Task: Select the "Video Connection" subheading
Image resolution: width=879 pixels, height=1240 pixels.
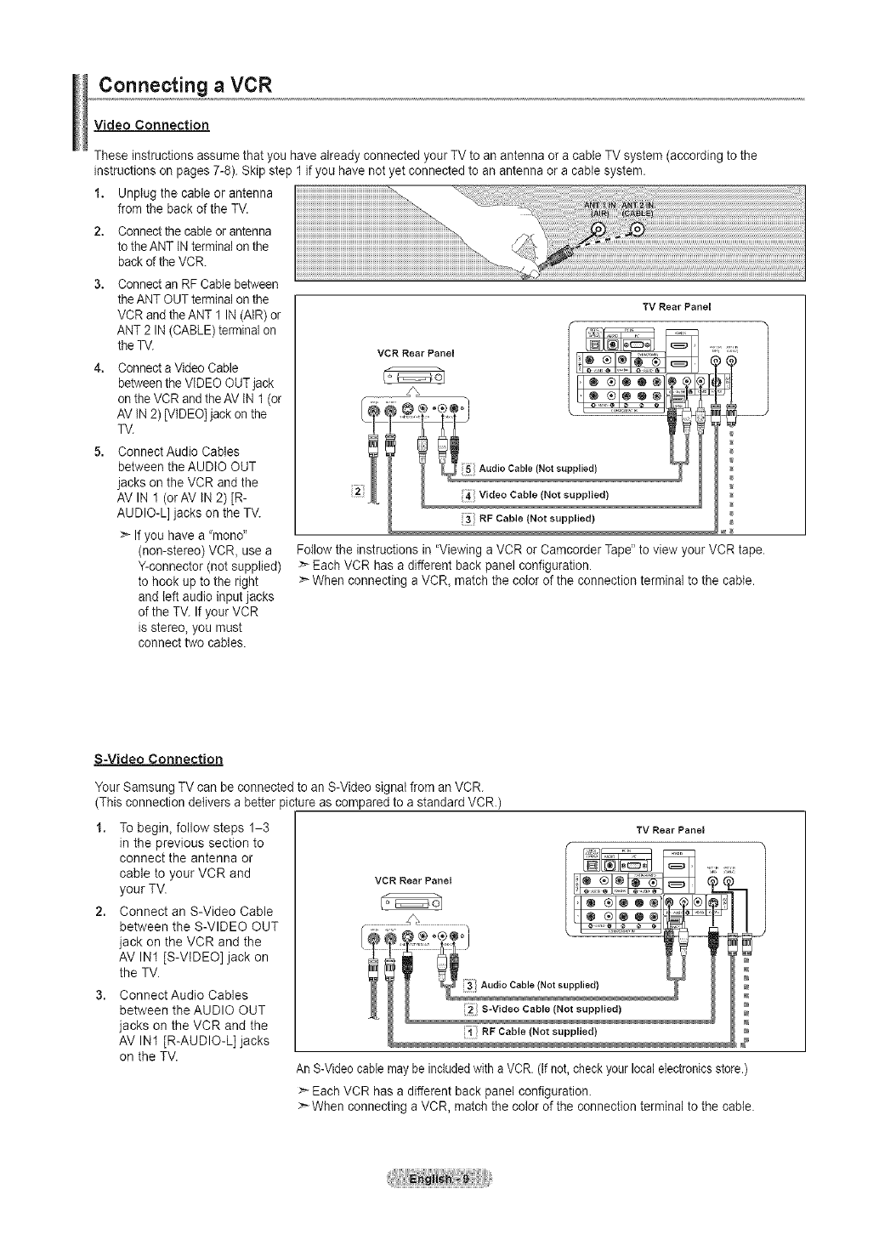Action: tap(152, 125)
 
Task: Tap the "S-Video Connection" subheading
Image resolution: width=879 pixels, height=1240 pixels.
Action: tap(158, 759)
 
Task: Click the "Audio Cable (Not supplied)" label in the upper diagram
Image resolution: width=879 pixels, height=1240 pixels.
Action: tap(538, 469)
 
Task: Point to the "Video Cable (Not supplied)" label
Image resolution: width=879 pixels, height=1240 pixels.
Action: tap(544, 495)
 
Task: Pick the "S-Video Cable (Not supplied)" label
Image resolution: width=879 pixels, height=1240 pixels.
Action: tap(551, 1010)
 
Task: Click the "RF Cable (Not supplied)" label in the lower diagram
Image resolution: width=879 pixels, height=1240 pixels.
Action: tap(538, 1032)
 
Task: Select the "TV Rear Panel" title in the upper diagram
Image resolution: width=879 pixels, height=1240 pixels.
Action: tap(677, 306)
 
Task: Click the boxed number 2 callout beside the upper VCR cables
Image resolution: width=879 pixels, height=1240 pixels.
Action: tap(357, 491)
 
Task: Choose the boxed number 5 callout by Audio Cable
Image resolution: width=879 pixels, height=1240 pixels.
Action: tap(468, 469)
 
